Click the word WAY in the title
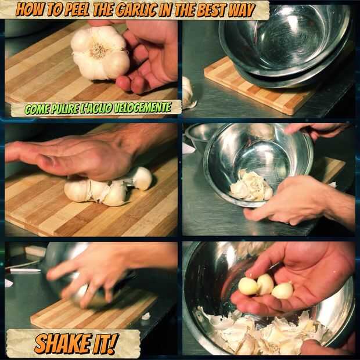[x=243, y=10]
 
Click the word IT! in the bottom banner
[x=105, y=343]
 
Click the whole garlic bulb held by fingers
[x=100, y=53]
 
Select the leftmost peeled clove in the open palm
[x=248, y=286]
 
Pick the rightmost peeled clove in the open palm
[x=282, y=291]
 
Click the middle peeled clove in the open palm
[x=265, y=284]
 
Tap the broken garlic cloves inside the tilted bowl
[x=251, y=186]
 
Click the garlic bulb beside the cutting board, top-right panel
[x=188, y=92]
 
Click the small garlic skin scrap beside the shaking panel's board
[x=146, y=316]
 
